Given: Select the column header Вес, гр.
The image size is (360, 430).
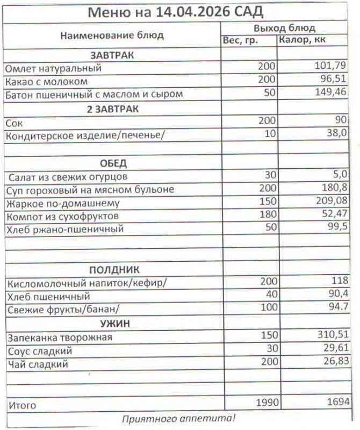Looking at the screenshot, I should pos(240,40).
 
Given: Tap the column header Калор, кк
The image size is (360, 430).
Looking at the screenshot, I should pos(301,40).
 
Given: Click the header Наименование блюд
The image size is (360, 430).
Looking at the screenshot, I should pos(112,35).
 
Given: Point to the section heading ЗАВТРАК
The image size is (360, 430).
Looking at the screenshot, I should pos(112,55).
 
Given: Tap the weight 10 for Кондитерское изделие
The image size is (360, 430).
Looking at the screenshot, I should pos(269,133).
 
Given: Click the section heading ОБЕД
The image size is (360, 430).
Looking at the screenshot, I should pos(113,163).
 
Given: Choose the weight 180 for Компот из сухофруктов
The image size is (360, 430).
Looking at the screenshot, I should pos(266,215).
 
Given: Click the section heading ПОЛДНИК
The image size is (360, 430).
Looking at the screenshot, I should pos(113,269).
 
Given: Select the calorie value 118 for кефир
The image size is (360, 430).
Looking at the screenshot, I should pos(339,281).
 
